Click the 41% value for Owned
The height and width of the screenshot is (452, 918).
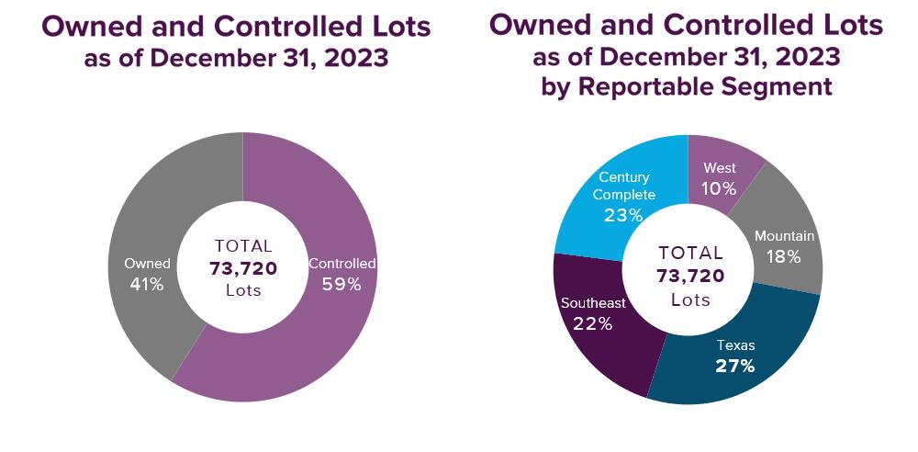point(147,284)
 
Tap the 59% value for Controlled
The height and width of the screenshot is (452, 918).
point(341,284)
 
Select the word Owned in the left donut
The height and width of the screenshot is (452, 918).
point(147,264)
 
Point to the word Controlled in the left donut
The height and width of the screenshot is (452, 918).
point(341,264)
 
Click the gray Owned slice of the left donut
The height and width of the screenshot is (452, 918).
point(151,211)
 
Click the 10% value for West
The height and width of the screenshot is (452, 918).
point(719,188)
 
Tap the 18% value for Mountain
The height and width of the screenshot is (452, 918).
point(784,256)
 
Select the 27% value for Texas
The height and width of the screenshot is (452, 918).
point(734,366)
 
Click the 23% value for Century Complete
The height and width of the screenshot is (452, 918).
point(623,215)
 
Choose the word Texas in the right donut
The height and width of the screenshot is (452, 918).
point(735,345)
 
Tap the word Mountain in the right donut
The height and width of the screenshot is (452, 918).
point(784,236)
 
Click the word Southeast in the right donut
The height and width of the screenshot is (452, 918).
point(593,302)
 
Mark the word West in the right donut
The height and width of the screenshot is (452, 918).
point(719,168)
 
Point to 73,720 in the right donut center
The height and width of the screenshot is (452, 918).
point(690,276)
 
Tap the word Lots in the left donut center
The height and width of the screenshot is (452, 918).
point(243,290)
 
